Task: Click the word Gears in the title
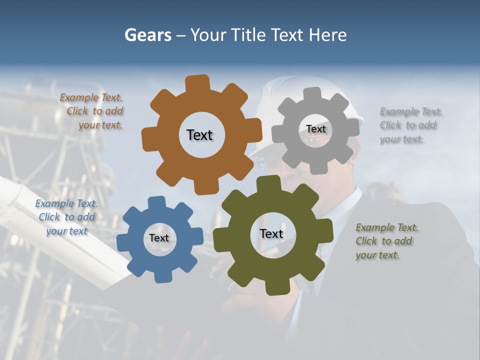click(x=147, y=35)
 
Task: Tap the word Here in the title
click(x=328, y=35)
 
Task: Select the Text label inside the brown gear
click(x=199, y=135)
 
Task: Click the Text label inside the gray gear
click(x=315, y=129)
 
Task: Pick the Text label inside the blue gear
click(x=159, y=238)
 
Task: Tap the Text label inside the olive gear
click(x=271, y=233)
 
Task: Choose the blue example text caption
click(x=66, y=217)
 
